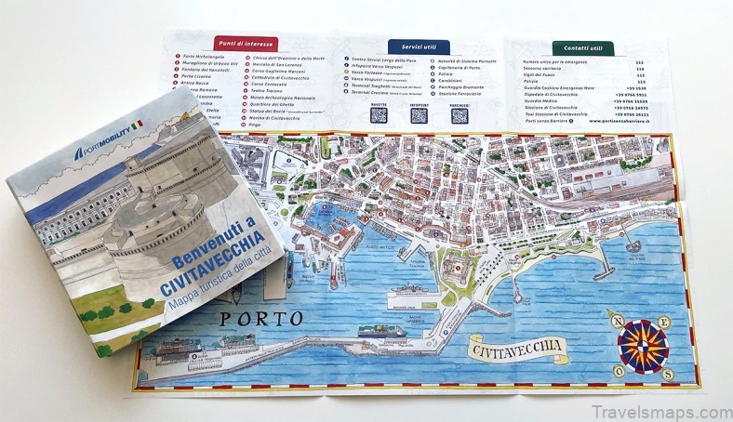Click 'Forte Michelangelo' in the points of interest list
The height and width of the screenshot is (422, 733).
pyautogui.click(x=204, y=59)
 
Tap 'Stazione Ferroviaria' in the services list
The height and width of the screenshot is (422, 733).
pyautogui.click(x=461, y=93)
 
